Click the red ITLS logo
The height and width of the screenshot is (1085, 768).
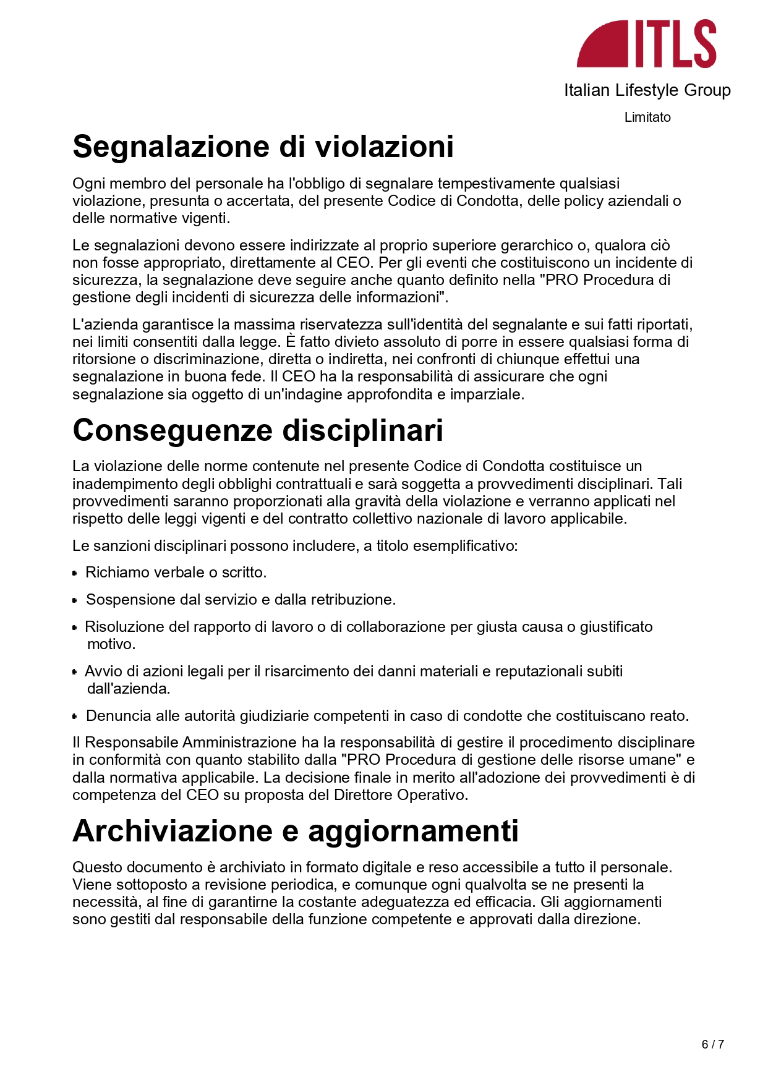tap(647, 43)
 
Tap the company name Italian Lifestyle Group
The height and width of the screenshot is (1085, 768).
tap(647, 90)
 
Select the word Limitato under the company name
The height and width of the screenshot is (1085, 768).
tap(647, 117)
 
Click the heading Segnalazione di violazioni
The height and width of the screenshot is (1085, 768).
tap(263, 147)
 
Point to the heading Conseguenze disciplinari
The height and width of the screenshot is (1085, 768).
tap(257, 430)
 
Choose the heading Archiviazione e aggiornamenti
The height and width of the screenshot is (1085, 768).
tap(295, 831)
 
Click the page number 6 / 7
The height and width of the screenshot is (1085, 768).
tap(712, 1044)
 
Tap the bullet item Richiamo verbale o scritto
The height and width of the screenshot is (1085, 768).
tap(176, 572)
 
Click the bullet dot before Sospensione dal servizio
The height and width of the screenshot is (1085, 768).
tap(75, 600)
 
